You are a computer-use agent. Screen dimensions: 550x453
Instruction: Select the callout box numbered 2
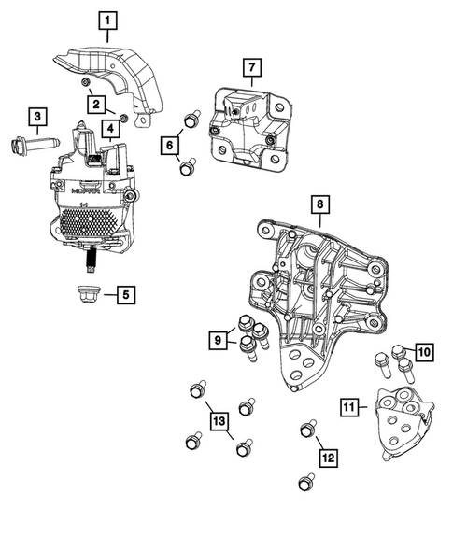click(x=97, y=103)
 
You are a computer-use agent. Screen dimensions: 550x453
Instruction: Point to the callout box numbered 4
click(x=110, y=128)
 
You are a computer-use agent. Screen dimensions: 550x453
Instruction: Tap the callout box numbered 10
click(x=423, y=351)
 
